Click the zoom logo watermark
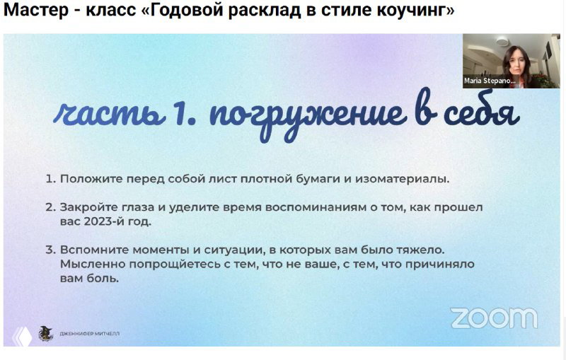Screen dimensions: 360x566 (x=493, y=318)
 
